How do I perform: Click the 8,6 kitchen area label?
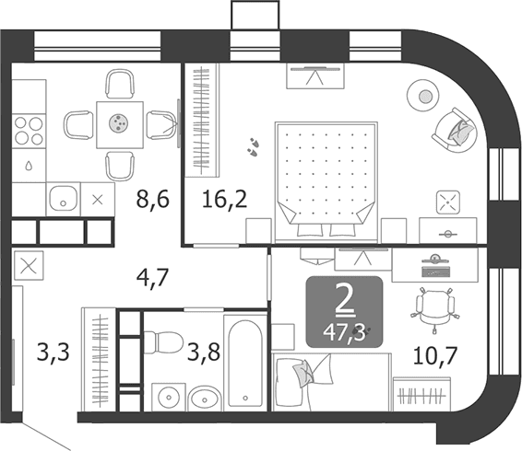(x=153, y=199)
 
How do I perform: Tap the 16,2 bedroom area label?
(x=224, y=200)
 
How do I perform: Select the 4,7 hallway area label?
(x=153, y=278)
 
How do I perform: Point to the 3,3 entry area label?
(x=53, y=353)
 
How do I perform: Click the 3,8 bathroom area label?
(x=204, y=353)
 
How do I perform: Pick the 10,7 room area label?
(x=435, y=355)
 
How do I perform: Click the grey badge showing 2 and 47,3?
(x=344, y=312)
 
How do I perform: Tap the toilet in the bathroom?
(x=163, y=341)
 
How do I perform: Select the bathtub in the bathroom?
(x=245, y=363)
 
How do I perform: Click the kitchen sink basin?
(x=64, y=199)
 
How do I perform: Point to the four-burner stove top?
(x=29, y=131)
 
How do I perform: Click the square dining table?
(x=120, y=124)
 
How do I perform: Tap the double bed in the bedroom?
(x=326, y=182)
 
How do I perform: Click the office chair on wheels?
(x=435, y=308)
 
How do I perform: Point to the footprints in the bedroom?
(x=254, y=147)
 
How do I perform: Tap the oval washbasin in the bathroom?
(x=205, y=399)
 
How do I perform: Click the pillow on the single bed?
(x=303, y=374)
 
